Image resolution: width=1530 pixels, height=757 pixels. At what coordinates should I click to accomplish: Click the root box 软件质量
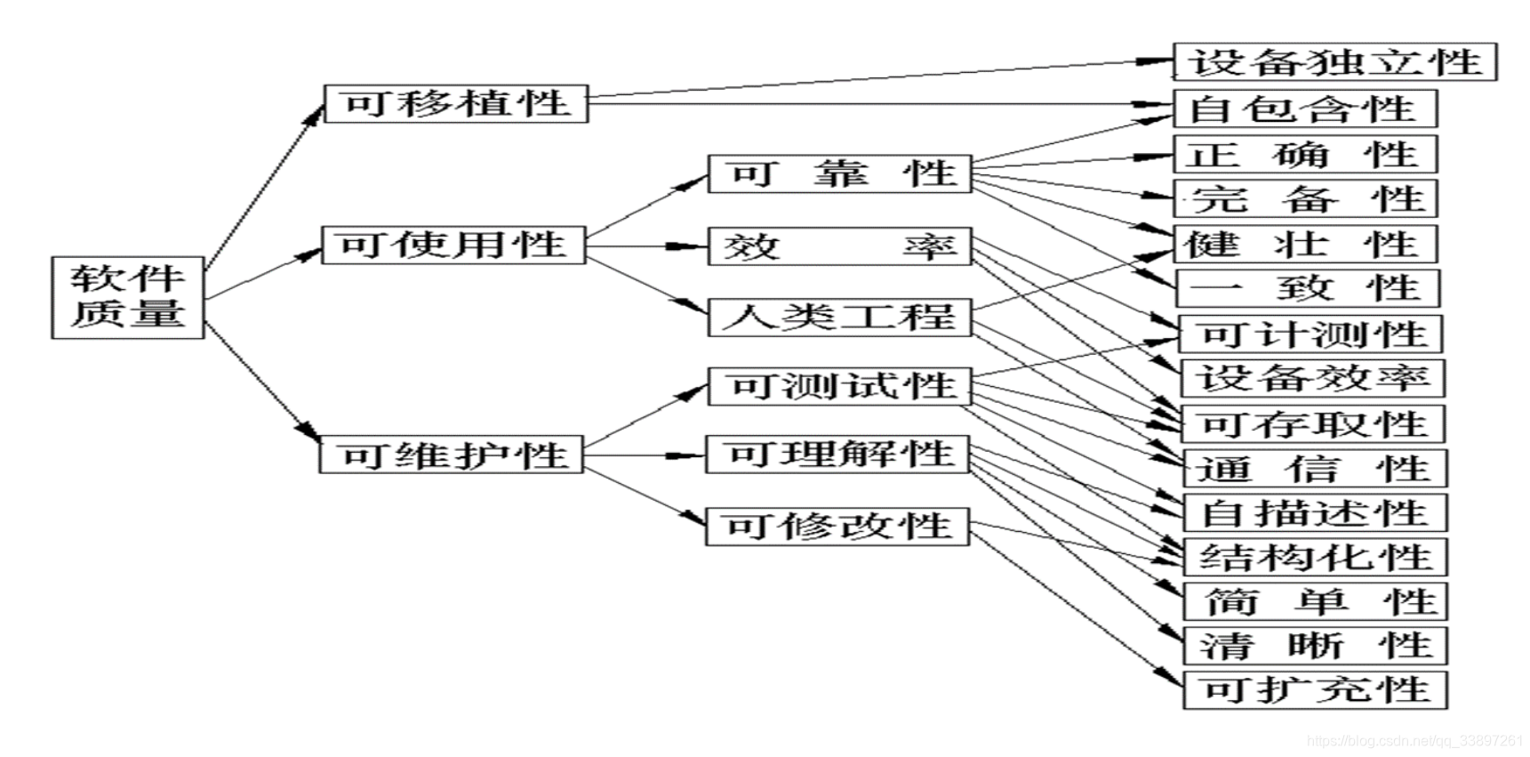(x=127, y=297)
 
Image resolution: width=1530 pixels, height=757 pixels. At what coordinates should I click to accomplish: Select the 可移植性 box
(x=455, y=103)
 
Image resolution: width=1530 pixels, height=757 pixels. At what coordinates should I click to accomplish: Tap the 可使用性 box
(x=453, y=245)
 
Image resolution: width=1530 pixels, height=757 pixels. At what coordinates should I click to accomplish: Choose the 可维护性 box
(x=452, y=455)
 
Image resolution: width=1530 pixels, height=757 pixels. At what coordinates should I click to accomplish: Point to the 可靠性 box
(x=839, y=173)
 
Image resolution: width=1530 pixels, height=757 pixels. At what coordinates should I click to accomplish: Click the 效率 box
(x=839, y=246)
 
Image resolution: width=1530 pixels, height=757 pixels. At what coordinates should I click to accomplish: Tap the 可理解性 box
(x=837, y=455)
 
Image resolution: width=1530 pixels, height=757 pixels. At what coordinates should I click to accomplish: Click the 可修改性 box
(x=837, y=526)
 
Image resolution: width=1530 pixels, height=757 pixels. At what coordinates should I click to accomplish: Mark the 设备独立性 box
(x=1334, y=62)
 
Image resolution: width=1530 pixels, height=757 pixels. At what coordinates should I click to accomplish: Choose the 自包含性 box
(x=1304, y=109)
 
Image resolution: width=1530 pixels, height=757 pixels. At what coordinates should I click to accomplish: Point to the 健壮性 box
(x=1304, y=244)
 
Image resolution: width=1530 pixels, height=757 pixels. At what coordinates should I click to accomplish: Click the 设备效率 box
(x=1312, y=378)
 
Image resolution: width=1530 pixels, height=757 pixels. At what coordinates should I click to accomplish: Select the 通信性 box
(x=1314, y=468)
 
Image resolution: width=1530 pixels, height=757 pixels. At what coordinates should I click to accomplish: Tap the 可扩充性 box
(x=1315, y=690)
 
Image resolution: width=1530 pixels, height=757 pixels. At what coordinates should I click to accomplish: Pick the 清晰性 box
(x=1315, y=646)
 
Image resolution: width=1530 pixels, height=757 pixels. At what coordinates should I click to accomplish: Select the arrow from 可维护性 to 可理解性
(x=645, y=455)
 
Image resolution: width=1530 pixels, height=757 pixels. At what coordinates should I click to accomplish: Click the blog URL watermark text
(x=1414, y=740)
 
